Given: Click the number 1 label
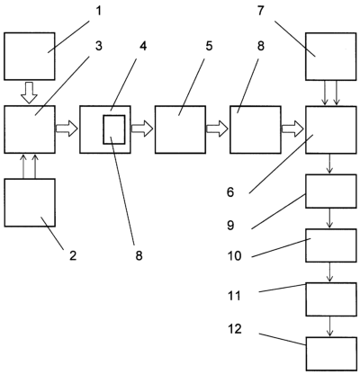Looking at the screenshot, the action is click(99, 11).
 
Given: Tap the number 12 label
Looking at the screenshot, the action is click(235, 329).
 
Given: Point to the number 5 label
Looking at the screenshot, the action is click(209, 46).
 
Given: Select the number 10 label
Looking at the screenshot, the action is click(235, 256).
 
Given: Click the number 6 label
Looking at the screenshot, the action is click(230, 192).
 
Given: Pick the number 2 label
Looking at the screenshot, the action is click(73, 256).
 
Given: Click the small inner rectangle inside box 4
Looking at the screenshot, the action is click(114, 129).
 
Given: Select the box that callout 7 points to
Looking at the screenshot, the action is click(331, 57).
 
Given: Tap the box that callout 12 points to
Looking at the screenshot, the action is click(331, 353).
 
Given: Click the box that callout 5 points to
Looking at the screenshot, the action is click(180, 129).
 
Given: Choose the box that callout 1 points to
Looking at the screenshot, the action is click(30, 57).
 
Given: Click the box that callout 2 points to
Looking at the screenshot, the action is click(30, 202).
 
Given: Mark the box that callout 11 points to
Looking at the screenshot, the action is click(331, 299).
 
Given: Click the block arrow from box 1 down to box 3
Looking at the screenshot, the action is click(29, 93).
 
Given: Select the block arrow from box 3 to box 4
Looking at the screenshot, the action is click(67, 129).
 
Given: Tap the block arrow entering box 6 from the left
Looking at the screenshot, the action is click(292, 129).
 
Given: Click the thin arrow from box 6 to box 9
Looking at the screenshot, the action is click(330, 164).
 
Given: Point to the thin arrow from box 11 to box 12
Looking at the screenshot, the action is click(330, 326).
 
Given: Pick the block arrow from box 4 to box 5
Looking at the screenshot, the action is click(142, 129).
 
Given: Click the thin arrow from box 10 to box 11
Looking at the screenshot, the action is click(330, 272).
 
